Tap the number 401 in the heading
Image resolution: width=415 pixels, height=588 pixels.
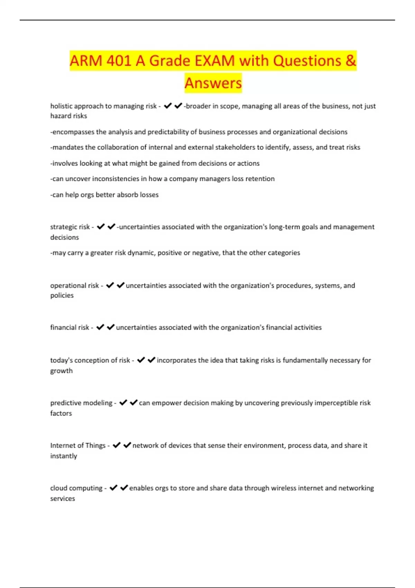click(119, 61)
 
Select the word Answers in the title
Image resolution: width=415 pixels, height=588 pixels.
click(213, 83)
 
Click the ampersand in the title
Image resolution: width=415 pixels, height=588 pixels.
click(351, 61)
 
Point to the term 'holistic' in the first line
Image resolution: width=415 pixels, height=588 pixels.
click(61, 106)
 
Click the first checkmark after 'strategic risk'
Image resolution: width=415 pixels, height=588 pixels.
click(101, 227)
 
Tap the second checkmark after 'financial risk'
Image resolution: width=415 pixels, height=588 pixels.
click(111, 327)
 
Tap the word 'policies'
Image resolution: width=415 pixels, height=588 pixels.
click(62, 295)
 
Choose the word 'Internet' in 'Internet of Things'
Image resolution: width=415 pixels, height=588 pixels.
click(62, 445)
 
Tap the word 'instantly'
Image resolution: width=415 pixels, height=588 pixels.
click(64, 456)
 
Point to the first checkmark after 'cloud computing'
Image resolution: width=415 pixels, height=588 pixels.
click(113, 488)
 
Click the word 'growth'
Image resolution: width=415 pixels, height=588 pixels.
click(62, 371)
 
